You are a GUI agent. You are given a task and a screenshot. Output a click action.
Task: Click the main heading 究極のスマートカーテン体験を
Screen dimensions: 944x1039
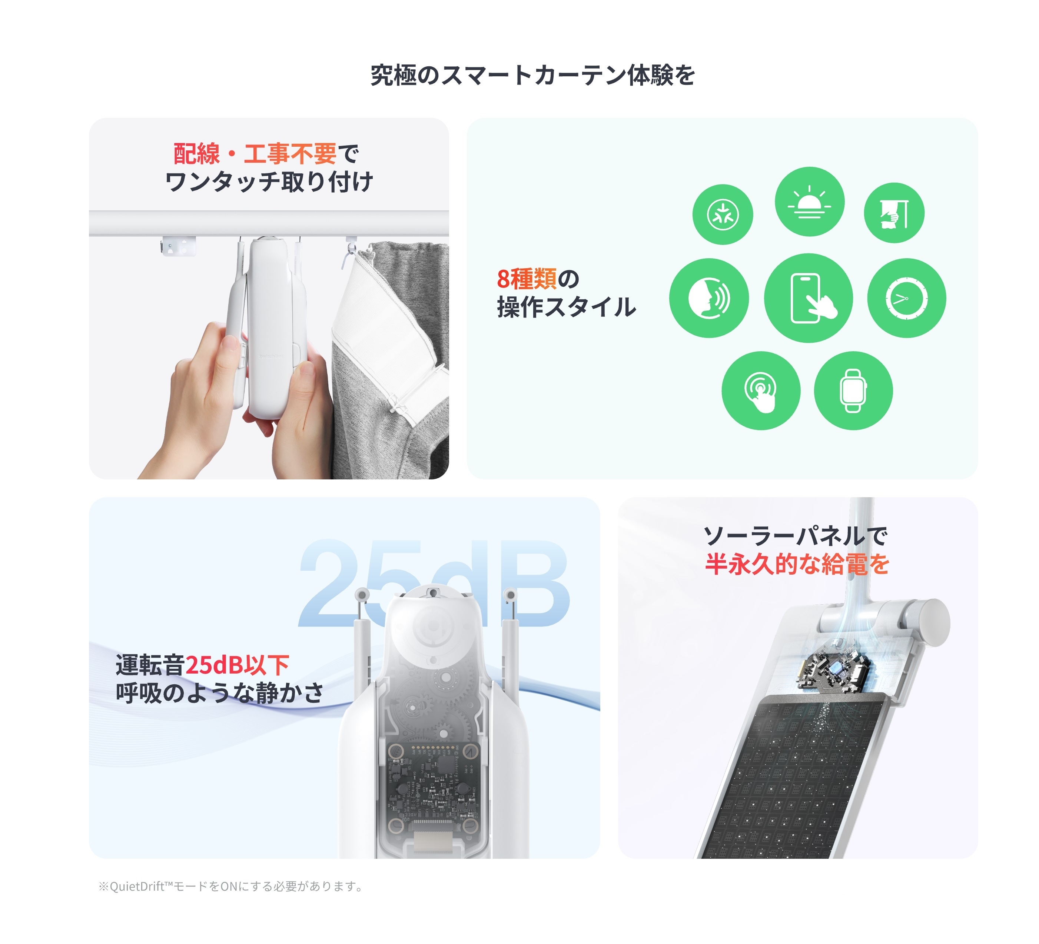click(532, 75)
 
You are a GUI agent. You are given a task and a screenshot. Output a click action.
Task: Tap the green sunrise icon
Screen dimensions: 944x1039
click(809, 202)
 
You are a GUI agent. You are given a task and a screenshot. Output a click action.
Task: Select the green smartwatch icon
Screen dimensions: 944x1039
click(853, 390)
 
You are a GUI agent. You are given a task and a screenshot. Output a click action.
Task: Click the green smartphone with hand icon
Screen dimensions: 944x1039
click(808, 298)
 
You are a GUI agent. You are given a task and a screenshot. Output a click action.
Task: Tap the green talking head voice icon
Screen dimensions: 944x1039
click(708, 298)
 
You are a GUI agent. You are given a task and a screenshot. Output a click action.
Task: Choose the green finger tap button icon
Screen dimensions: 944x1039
click(761, 390)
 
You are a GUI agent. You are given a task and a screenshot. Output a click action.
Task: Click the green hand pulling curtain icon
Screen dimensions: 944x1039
click(894, 212)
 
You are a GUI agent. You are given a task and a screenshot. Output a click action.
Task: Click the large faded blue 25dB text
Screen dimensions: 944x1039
click(433, 582)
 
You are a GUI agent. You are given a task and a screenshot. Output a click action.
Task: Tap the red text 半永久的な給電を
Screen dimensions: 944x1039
click(797, 564)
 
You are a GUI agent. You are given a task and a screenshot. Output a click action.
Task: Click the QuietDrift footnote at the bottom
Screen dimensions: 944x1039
click(231, 886)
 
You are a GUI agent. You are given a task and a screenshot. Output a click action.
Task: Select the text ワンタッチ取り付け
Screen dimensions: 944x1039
click(269, 182)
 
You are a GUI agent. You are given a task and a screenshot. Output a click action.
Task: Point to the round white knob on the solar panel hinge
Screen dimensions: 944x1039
click(930, 622)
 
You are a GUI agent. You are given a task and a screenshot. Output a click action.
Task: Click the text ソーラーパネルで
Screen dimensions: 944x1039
click(795, 536)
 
